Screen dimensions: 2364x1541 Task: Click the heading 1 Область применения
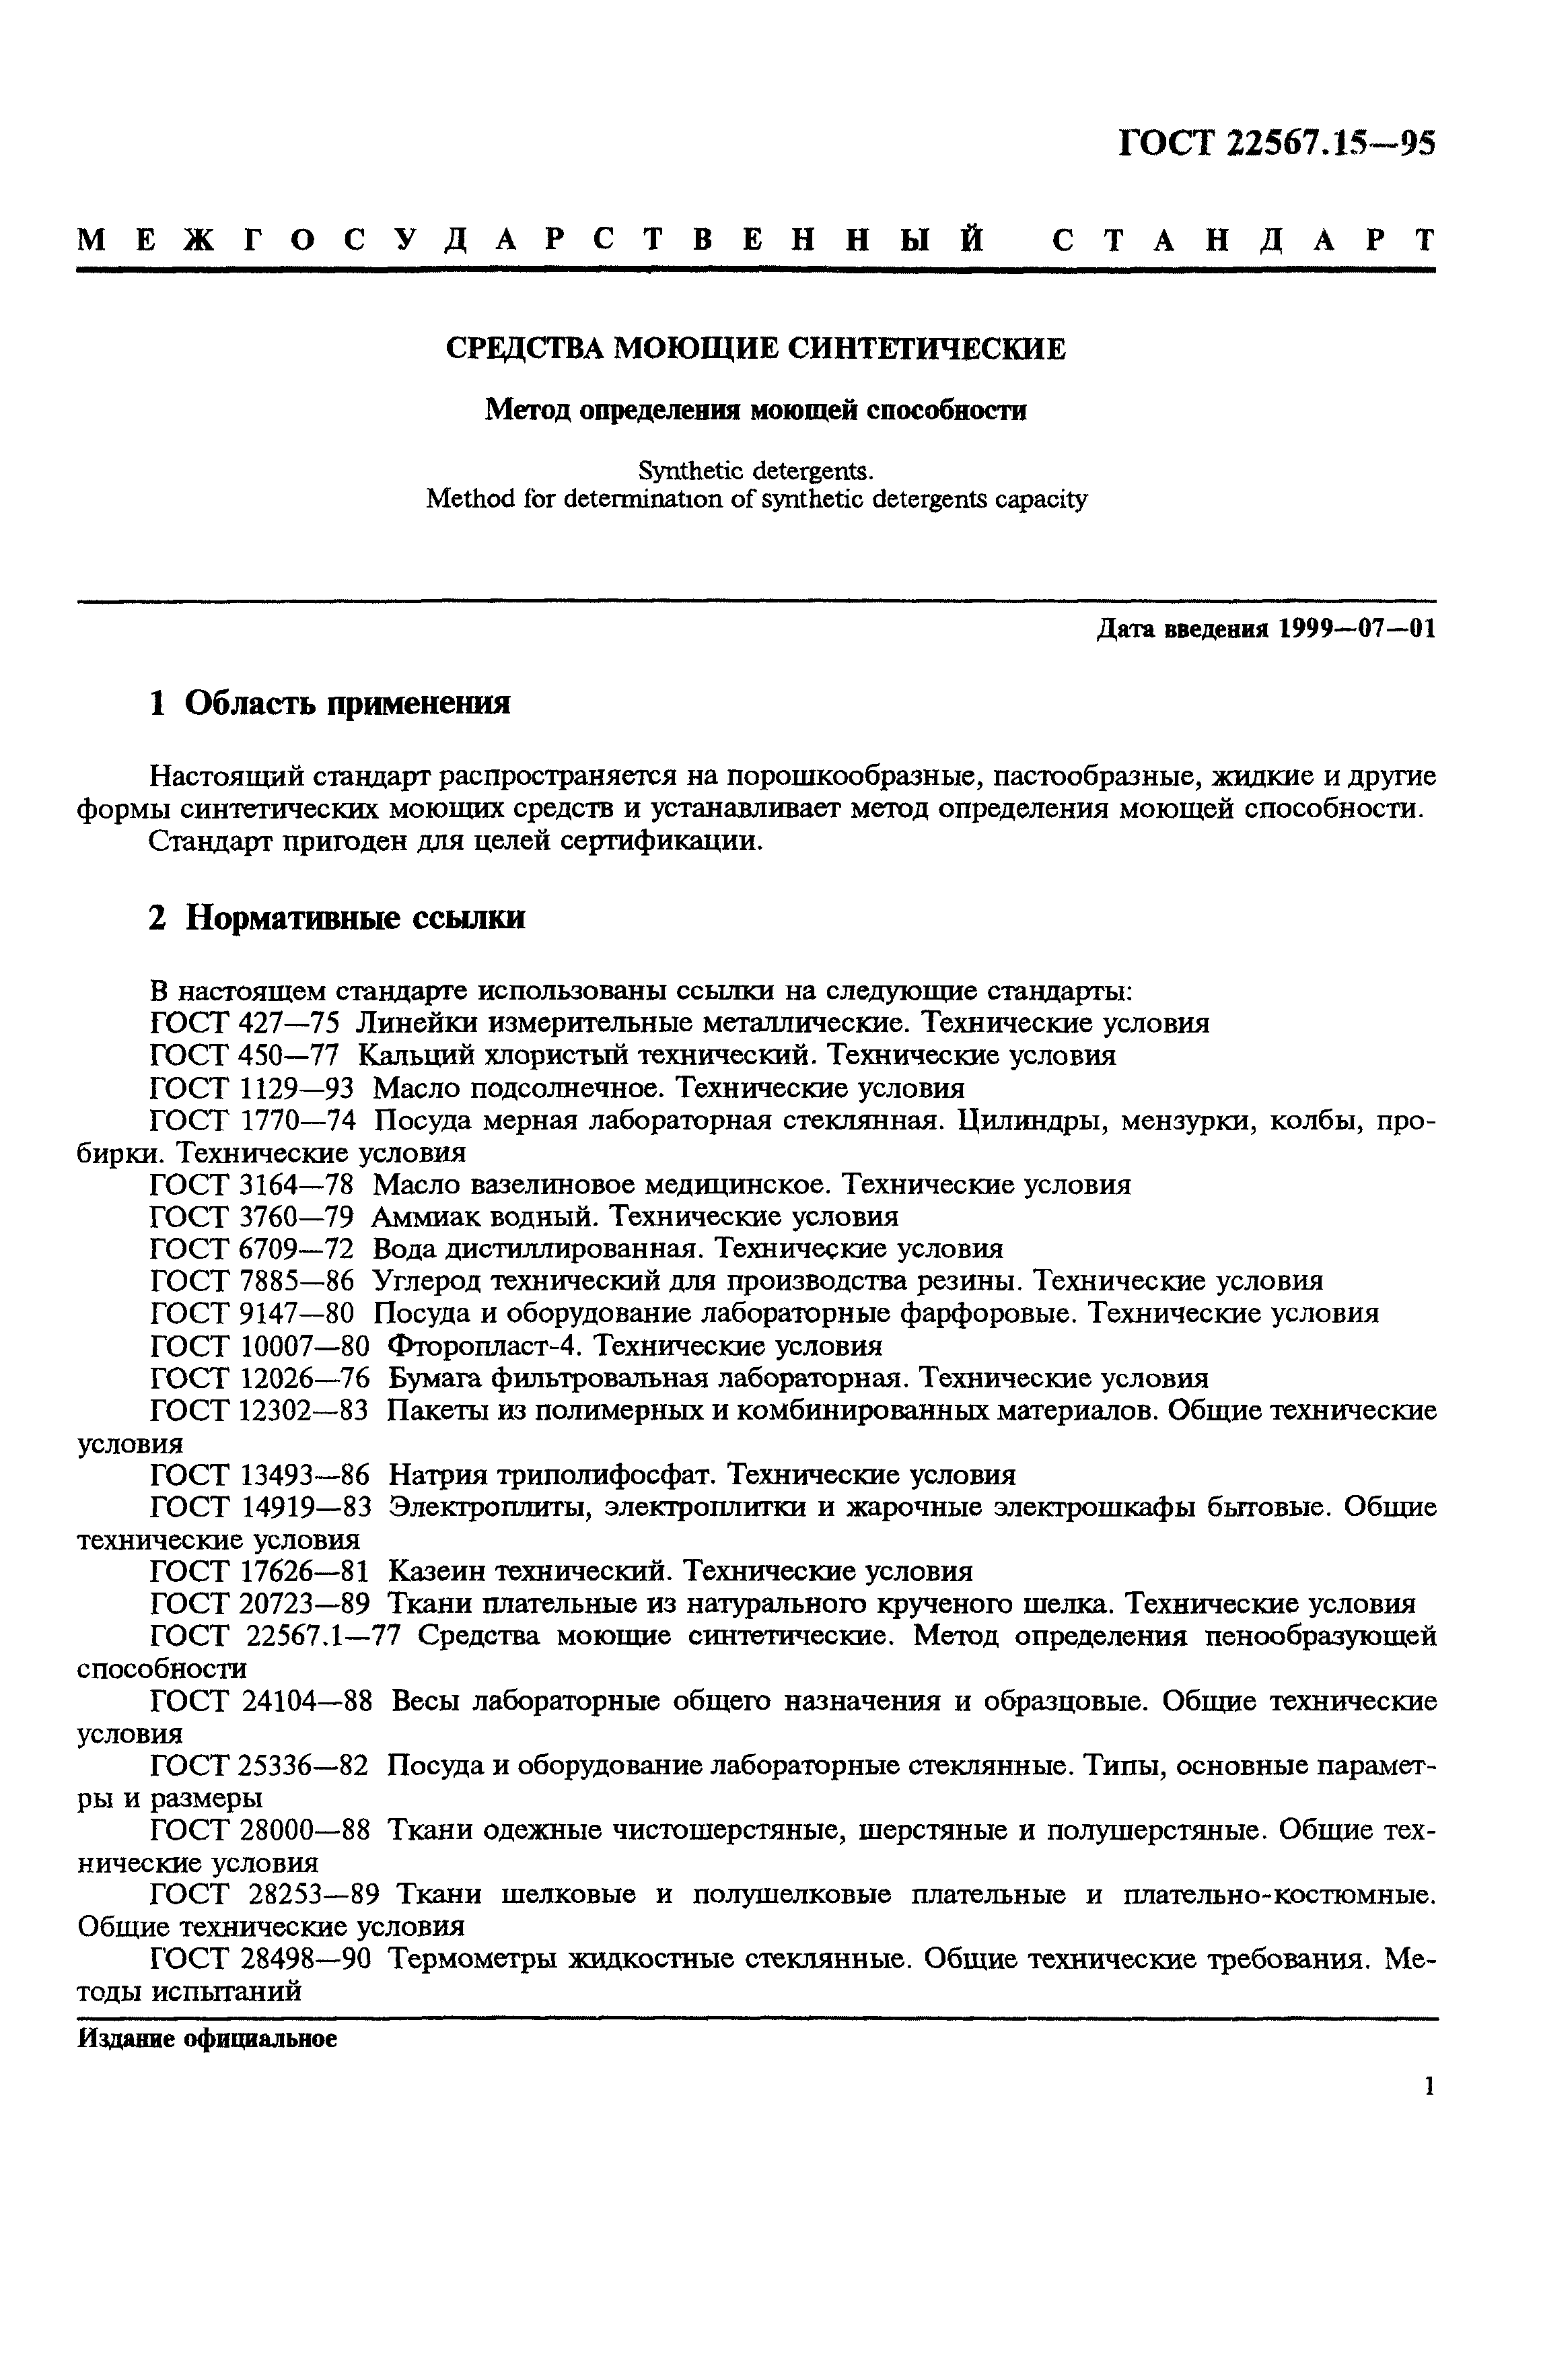330,703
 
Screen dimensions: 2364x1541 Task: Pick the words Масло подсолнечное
514,1088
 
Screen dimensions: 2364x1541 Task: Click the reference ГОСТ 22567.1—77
274,1636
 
